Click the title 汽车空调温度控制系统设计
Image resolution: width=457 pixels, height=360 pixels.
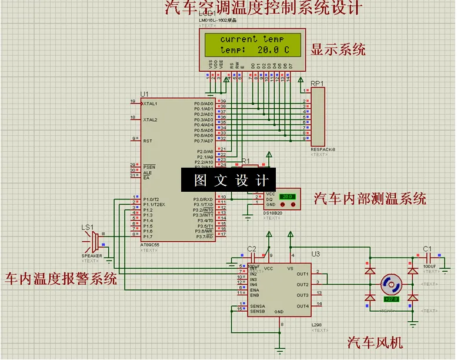(263, 8)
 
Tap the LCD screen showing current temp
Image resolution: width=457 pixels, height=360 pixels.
(255, 45)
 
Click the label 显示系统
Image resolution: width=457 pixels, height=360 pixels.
(338, 49)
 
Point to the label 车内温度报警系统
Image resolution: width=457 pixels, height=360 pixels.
(61, 278)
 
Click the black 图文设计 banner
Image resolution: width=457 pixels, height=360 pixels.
(231, 179)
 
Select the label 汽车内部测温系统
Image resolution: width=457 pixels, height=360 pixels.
(370, 198)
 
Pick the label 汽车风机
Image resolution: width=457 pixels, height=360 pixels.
(375, 342)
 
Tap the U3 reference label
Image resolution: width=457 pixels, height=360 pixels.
(316, 254)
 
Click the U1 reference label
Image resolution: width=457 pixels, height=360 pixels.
(145, 94)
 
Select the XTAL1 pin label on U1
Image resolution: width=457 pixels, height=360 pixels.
(150, 103)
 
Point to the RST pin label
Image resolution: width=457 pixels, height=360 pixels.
(147, 141)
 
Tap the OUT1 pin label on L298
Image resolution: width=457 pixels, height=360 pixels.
(302, 274)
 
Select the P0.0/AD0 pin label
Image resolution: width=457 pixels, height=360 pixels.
(204, 103)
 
